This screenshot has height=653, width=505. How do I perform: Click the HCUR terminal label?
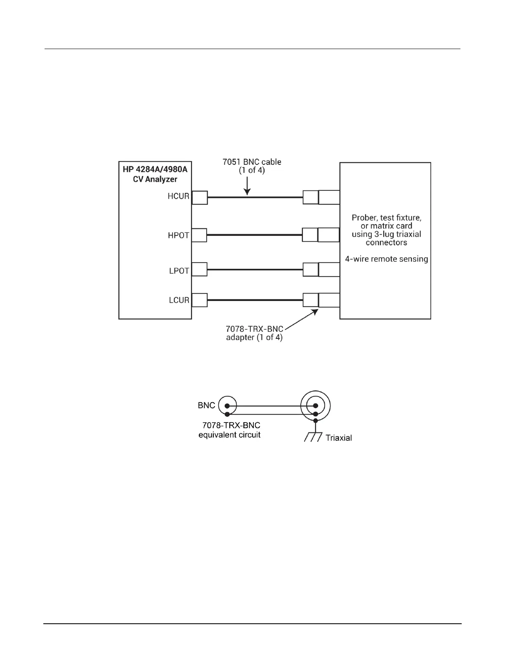click(178, 196)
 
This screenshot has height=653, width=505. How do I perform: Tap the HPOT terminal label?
click(178, 235)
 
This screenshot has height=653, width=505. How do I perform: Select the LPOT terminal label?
click(179, 271)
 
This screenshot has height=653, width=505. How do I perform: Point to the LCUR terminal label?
click(179, 300)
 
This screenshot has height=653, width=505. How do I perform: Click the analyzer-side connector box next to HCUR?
click(200, 197)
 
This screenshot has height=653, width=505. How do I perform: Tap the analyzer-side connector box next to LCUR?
click(200, 300)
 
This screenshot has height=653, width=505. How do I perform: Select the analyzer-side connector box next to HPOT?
click(200, 235)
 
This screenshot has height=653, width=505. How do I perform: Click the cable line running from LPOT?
click(255, 270)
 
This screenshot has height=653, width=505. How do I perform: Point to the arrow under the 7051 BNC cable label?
click(247, 185)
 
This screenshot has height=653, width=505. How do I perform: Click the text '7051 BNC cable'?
click(252, 162)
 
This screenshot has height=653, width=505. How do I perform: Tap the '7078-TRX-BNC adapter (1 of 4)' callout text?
click(254, 333)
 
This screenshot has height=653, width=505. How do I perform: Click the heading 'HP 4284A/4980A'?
click(155, 169)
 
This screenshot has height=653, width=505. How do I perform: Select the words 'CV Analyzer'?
click(155, 179)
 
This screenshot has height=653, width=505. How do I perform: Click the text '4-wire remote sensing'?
click(386, 259)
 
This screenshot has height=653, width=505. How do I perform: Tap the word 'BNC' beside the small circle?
click(206, 405)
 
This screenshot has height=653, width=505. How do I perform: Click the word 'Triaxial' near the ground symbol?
click(338, 438)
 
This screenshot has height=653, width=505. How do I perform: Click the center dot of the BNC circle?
click(227, 406)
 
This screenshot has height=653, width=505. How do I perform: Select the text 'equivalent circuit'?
click(229, 435)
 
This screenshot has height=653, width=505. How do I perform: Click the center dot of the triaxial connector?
click(315, 406)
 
